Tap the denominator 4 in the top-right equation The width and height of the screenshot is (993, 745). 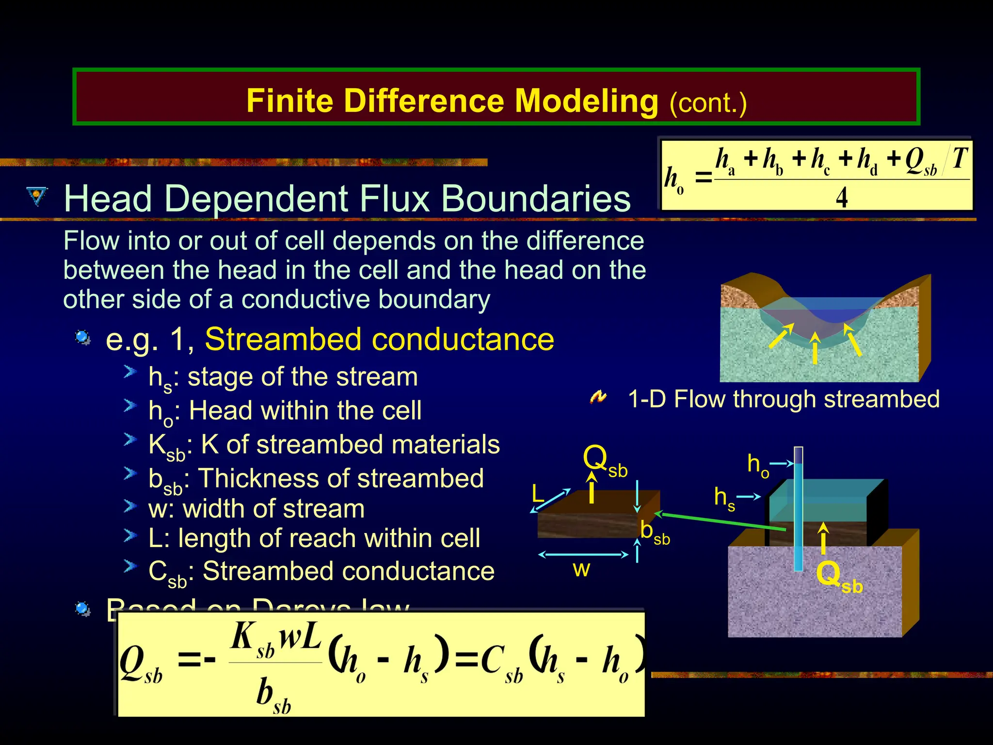point(842,197)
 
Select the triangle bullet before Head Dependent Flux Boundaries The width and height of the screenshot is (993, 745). point(37,196)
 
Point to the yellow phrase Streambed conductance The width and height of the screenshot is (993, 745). point(379,339)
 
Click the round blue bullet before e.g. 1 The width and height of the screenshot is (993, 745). point(82,338)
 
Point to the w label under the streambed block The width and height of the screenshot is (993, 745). point(581,569)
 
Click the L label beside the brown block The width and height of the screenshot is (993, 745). point(537,494)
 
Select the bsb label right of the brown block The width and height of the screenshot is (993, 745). point(655,532)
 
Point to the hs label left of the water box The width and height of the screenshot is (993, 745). point(724,499)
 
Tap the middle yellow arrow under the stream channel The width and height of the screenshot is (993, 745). point(815,348)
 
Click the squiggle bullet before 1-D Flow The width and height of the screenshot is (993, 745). point(598,397)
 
